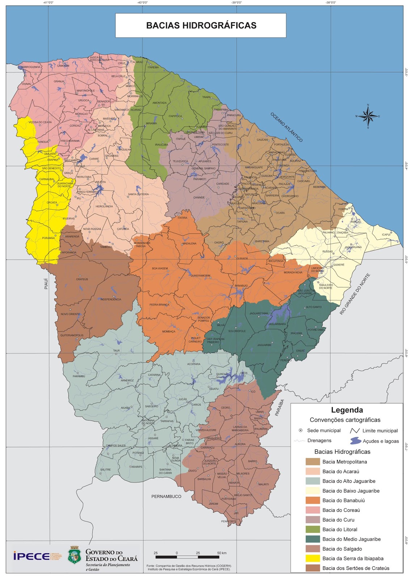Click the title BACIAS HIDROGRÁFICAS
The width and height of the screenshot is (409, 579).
pos(201,25)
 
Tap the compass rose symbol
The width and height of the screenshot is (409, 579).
pos(368,116)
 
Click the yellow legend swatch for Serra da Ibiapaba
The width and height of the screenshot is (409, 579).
pos(312,558)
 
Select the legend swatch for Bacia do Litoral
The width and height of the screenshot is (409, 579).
pos(312,529)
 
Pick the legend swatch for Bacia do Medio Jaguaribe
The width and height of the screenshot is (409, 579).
pos(312,539)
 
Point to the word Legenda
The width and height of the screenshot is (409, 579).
pos(347,410)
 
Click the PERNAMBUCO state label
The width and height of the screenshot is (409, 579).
pos(166,496)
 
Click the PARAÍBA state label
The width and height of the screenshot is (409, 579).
pos(279,407)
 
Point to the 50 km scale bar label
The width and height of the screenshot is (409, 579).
pos(222,553)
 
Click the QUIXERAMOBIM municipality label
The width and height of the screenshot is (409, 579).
pos(200,275)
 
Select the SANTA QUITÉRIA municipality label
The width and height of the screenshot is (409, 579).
pos(138,194)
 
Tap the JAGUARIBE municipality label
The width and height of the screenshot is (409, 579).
pos(264,345)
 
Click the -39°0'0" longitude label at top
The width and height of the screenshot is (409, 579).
pos(237,3)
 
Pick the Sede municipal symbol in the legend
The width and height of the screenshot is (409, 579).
pos(300,430)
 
